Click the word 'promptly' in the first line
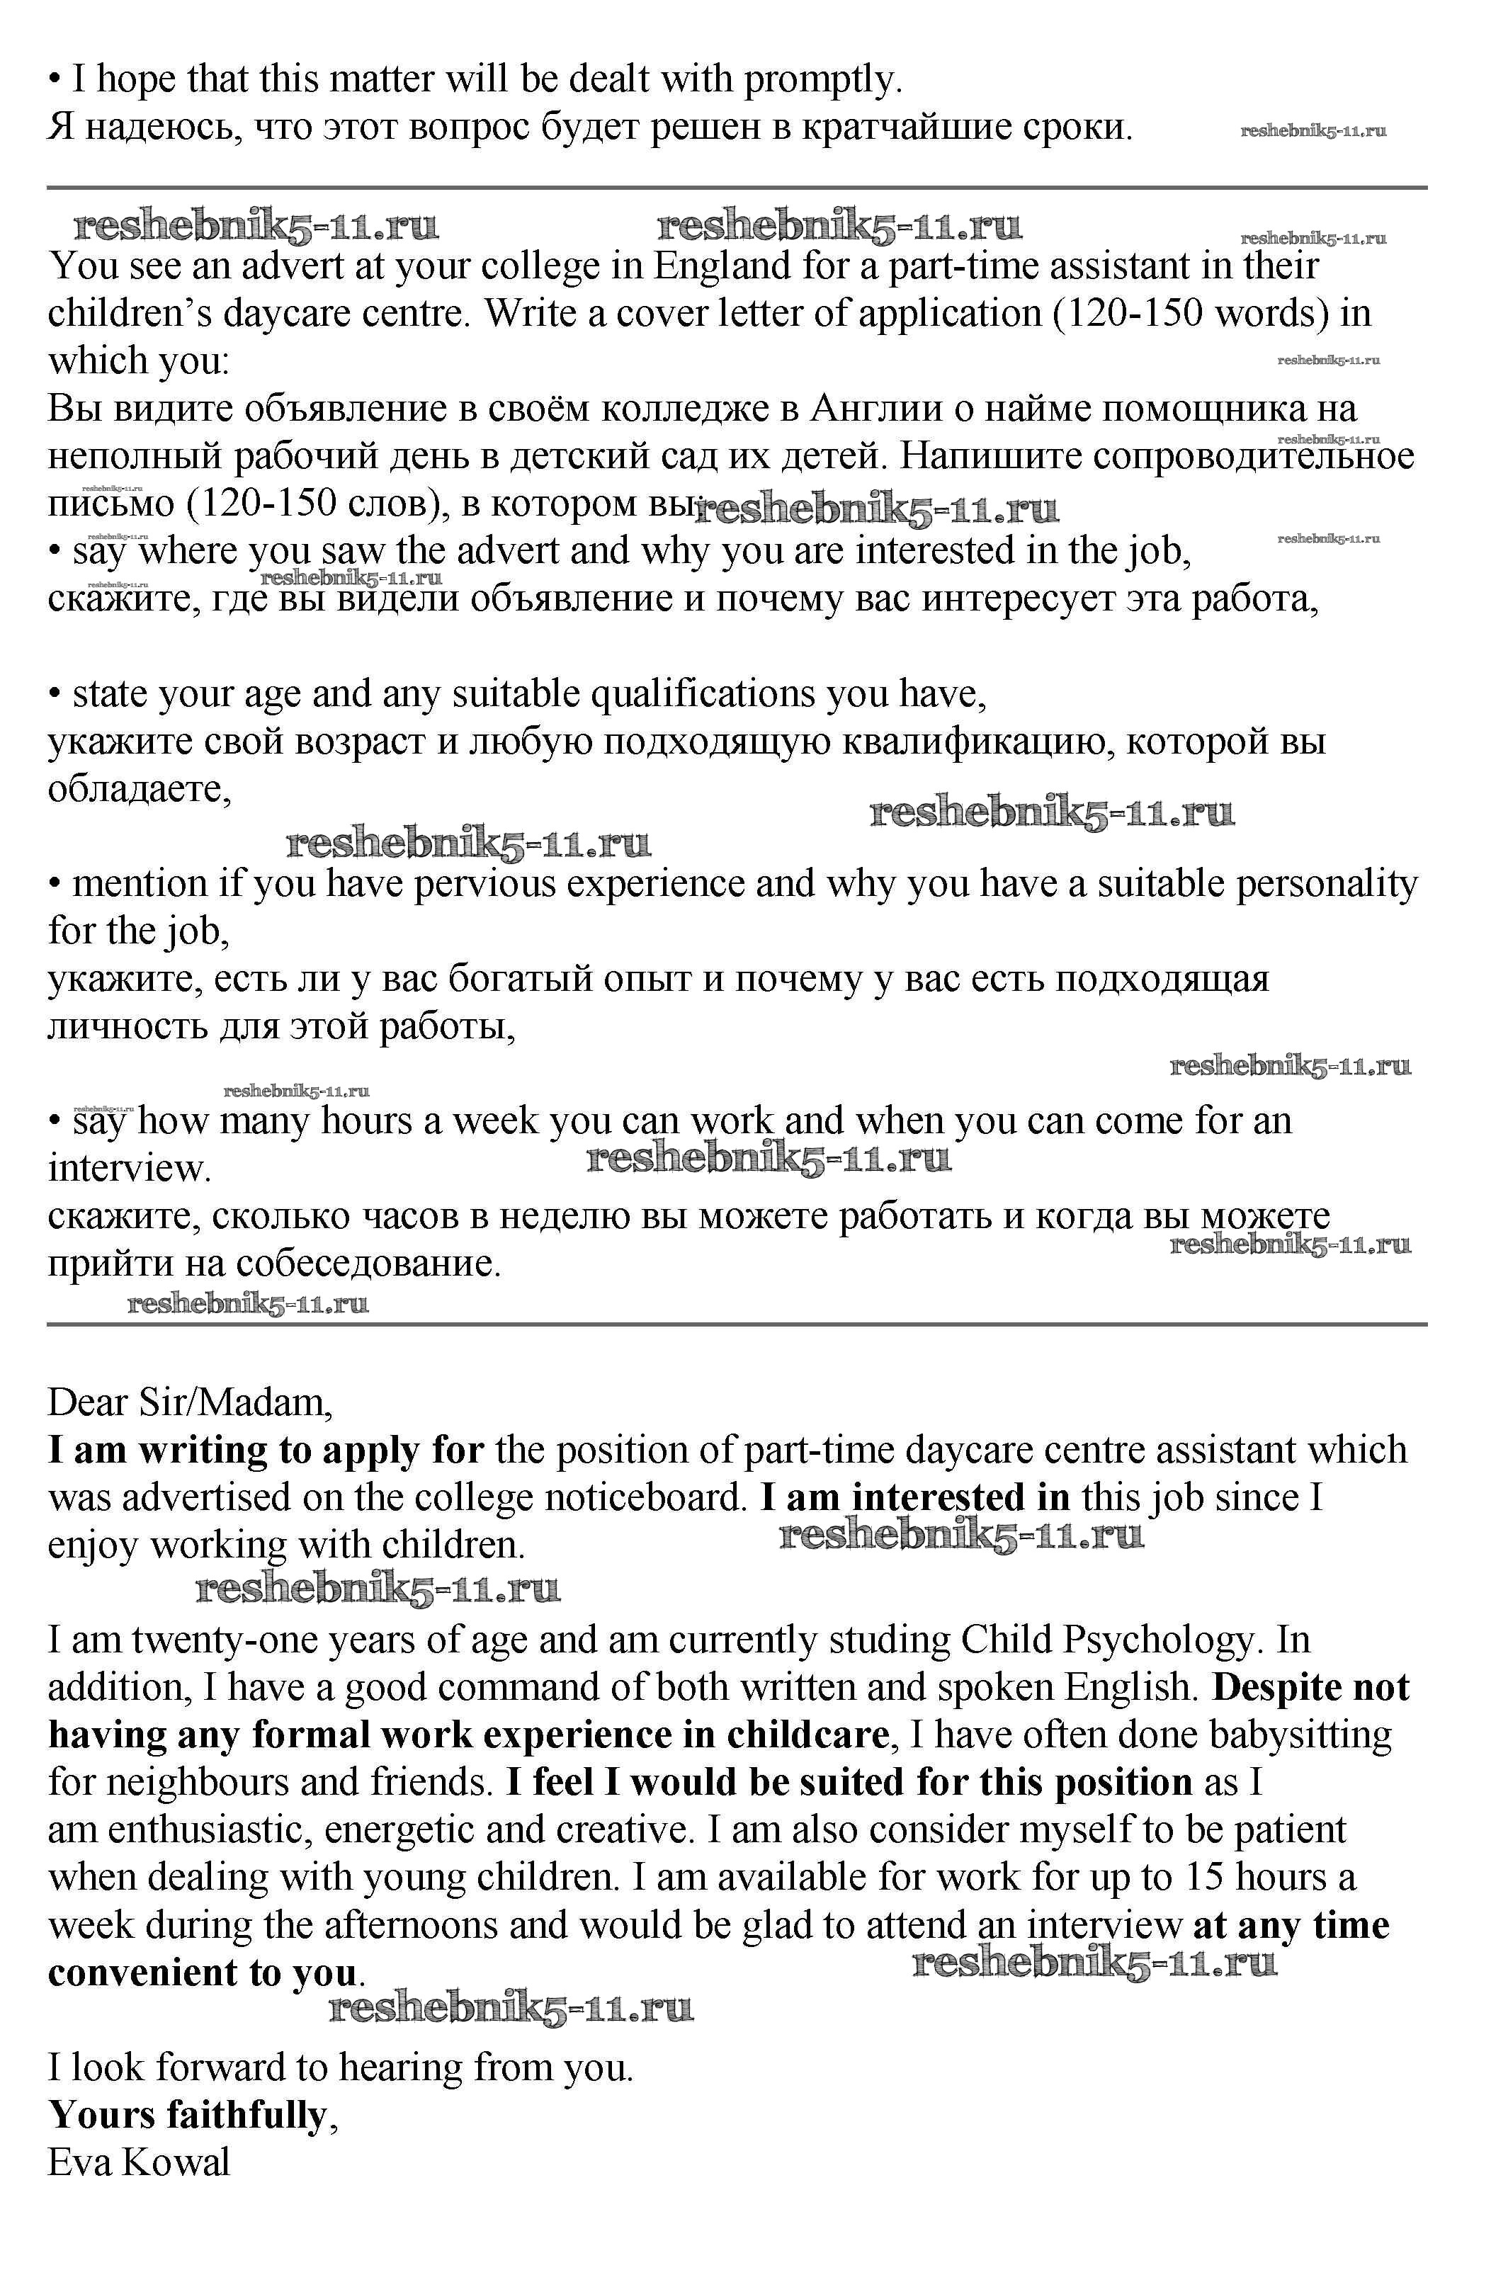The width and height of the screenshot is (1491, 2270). pos(820,80)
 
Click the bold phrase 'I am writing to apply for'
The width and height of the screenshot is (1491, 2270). pos(265,1451)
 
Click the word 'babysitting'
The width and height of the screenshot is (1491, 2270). pos(1300,1735)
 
